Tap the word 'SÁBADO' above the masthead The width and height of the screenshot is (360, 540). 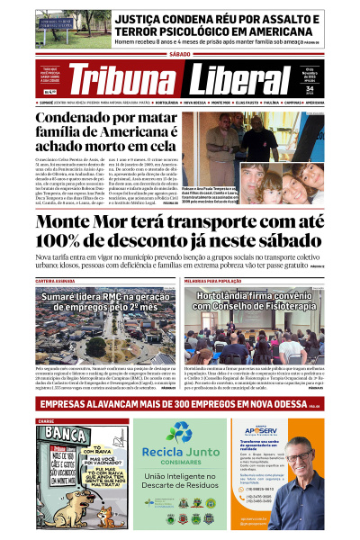pos(180,54)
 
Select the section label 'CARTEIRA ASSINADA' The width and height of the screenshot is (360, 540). pos(56,281)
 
